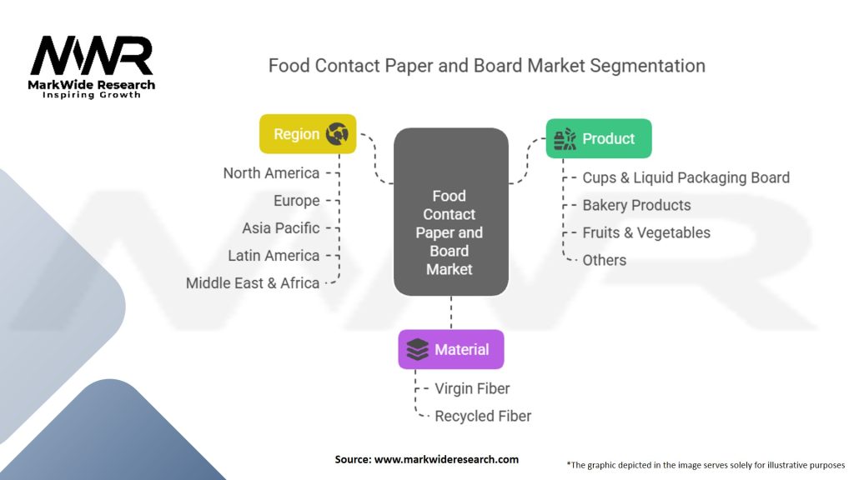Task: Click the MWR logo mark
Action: (92, 57)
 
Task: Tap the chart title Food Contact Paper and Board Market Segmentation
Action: (486, 66)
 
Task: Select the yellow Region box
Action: (308, 134)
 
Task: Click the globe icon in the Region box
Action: (337, 134)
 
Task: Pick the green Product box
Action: (598, 138)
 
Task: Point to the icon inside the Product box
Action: (565, 138)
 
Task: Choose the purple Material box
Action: (450, 349)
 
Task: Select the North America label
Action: (271, 173)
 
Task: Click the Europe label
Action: (296, 201)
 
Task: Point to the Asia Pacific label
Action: (281, 228)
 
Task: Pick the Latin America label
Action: (274, 256)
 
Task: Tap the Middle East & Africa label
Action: (253, 283)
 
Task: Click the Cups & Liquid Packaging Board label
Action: (686, 177)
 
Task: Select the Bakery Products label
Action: (636, 205)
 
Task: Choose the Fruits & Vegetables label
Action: (646, 232)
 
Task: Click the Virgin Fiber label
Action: (472, 388)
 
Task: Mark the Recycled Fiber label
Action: (483, 416)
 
